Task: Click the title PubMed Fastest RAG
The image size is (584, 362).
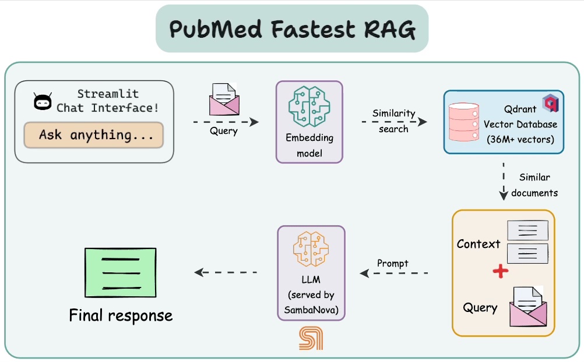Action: point(292,29)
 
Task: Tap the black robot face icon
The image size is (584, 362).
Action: point(43,102)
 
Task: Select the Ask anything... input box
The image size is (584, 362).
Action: point(93,135)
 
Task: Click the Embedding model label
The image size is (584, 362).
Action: point(309,145)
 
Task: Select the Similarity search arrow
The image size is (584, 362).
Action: point(394,122)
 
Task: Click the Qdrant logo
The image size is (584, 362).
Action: point(550,103)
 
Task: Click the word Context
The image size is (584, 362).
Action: point(479,244)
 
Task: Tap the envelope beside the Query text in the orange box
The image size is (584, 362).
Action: point(528,307)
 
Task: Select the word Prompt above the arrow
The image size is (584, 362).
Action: point(393,263)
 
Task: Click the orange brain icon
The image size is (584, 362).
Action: point(311,250)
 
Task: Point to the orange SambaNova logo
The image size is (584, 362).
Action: point(311,338)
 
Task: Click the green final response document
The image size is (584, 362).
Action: point(121,272)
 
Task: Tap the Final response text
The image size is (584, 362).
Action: point(121,315)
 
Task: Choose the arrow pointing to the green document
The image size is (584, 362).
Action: point(226,272)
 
